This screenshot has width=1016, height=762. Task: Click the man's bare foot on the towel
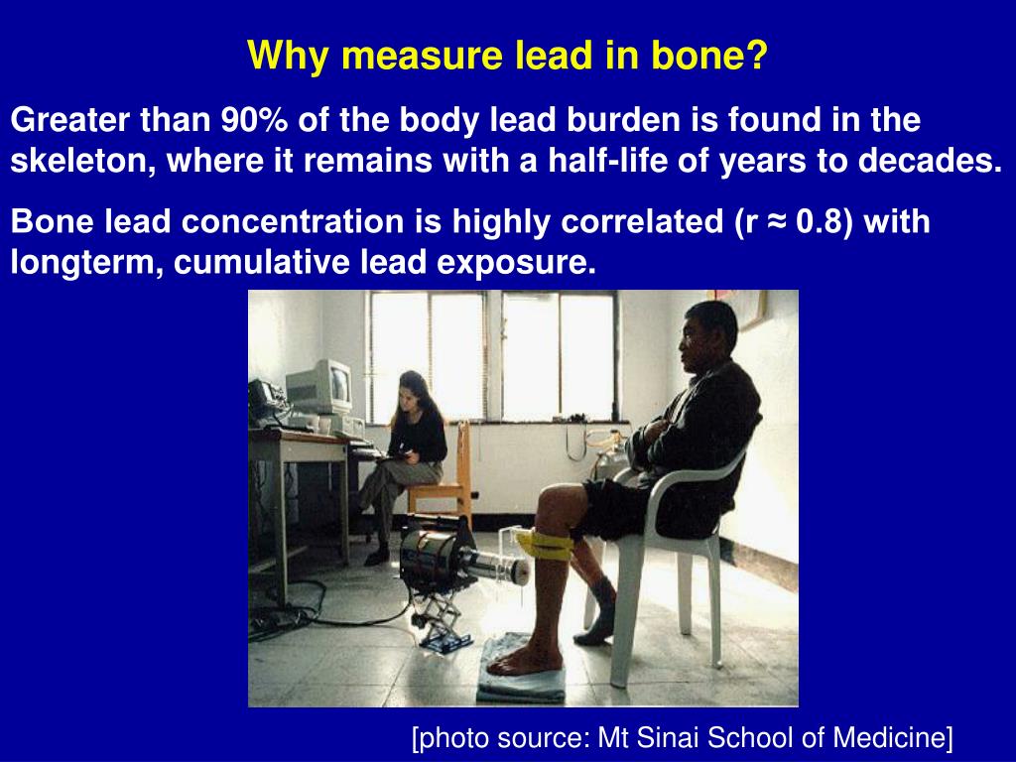[526, 660]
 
